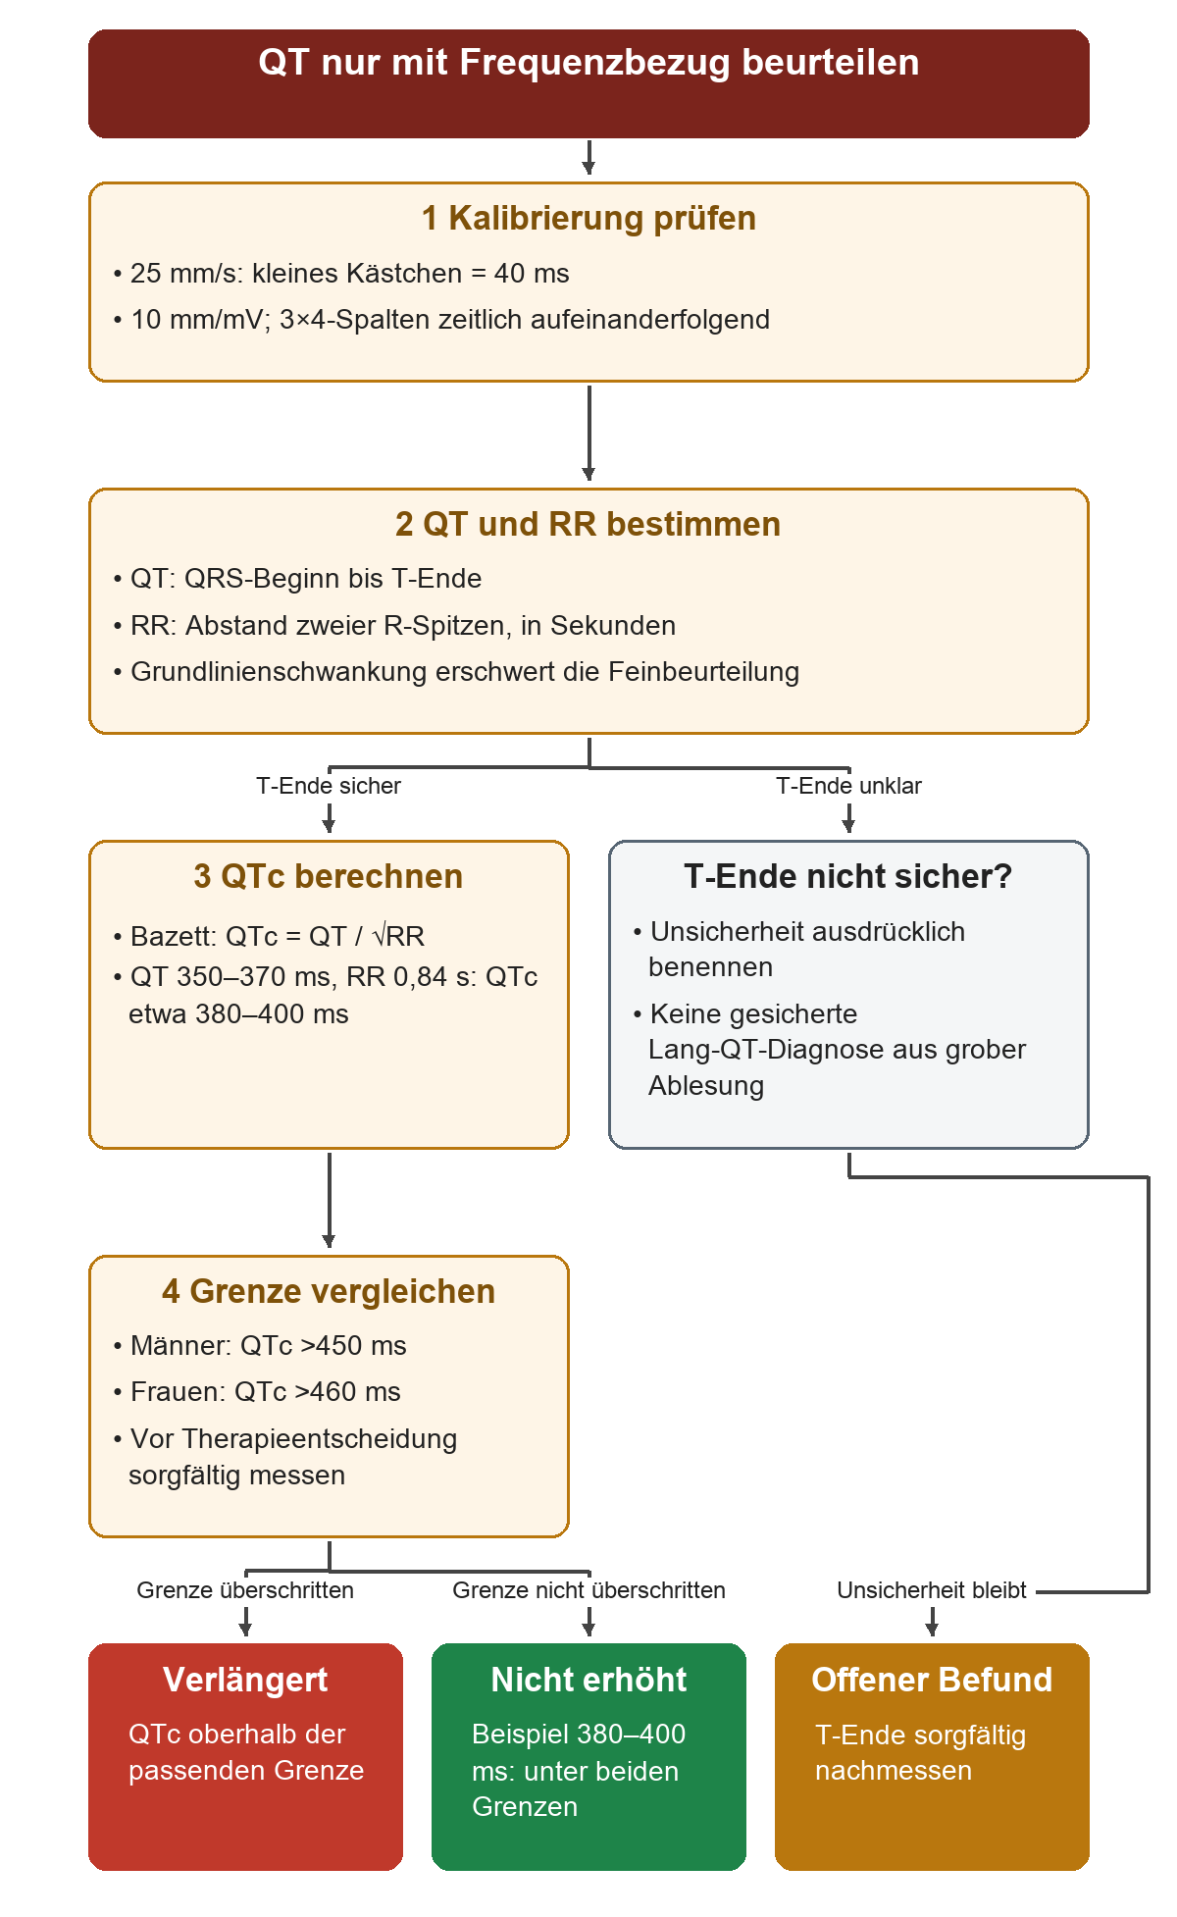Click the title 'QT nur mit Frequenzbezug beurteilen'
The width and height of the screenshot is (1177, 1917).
click(x=588, y=63)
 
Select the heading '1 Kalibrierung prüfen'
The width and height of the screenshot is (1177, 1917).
click(x=588, y=218)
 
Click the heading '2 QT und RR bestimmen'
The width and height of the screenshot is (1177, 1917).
click(x=588, y=524)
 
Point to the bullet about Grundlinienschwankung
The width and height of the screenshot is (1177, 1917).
click(x=456, y=672)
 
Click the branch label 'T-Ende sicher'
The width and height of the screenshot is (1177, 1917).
click(x=329, y=786)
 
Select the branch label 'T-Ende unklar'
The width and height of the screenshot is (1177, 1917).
click(x=848, y=786)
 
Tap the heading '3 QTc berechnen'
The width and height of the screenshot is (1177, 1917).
click(x=329, y=876)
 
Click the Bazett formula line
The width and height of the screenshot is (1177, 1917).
click(x=269, y=936)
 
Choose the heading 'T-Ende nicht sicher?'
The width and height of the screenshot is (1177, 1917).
click(x=848, y=876)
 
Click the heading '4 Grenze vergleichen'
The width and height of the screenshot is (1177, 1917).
click(x=329, y=1291)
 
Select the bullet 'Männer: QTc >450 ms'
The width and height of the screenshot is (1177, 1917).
click(x=260, y=1346)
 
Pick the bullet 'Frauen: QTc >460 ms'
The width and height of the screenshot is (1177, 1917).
click(x=257, y=1392)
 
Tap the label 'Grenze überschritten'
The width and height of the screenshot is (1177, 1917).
click(x=245, y=1590)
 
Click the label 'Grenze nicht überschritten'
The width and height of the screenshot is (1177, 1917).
click(x=588, y=1590)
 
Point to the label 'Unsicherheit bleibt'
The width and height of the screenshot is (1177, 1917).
click(x=932, y=1590)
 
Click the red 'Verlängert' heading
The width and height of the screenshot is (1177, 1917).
click(x=245, y=1680)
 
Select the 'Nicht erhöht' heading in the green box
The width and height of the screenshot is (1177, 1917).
click(x=588, y=1680)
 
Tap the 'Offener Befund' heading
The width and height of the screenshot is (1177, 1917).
click(x=932, y=1680)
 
